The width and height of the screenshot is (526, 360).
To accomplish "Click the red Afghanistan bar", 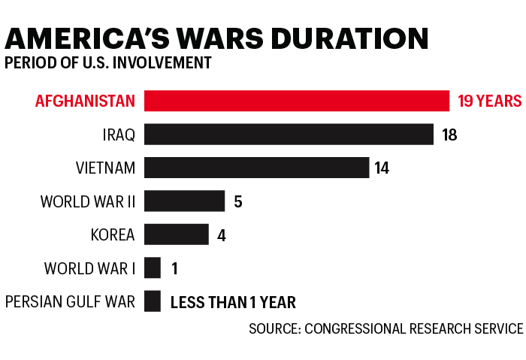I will pos(297,101).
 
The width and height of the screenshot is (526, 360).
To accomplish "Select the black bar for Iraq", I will pos(289,135).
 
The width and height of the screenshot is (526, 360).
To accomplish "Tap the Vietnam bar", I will pos(256,168).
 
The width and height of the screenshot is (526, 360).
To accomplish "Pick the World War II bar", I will pos(184,201).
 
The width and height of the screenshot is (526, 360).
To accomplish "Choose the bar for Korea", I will pos(176,234).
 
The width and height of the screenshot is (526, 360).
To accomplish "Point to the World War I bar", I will pos(153,268).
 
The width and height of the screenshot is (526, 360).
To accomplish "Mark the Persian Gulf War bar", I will pos(153,301).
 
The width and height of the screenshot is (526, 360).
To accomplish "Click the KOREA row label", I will pos(112,235).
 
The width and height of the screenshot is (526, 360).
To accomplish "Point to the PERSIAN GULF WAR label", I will pos(70,302).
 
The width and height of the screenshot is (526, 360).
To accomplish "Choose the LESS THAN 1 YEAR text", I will pos(233,303).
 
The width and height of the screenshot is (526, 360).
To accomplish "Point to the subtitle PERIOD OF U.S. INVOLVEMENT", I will pos(107,62).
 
